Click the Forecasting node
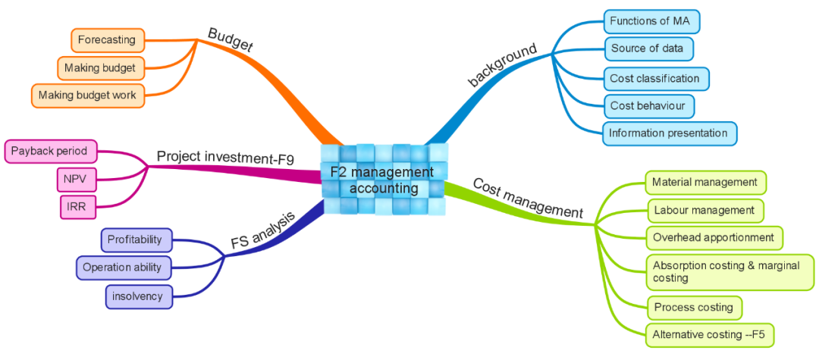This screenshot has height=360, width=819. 106,39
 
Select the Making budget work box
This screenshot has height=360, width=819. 87,95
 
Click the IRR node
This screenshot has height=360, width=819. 76,206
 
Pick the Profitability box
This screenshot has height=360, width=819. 136,240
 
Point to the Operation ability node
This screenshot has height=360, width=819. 123,268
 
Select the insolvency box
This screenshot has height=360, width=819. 138,296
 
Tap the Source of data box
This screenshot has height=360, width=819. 648,49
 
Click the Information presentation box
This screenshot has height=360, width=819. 669,133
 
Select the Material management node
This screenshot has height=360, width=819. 705,182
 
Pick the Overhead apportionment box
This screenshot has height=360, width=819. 713,237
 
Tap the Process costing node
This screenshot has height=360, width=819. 693,308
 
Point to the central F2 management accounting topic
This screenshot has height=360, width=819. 384,180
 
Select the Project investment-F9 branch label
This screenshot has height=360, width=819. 225,157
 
